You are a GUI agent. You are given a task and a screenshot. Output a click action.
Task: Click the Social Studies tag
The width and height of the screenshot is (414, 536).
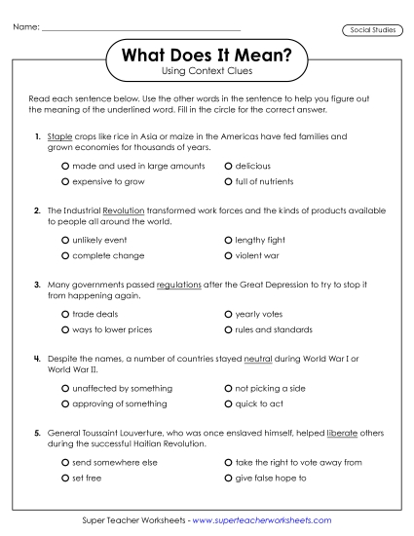tap(372, 31)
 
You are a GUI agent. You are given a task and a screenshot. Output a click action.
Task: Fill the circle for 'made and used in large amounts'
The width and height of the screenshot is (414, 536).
tap(65, 167)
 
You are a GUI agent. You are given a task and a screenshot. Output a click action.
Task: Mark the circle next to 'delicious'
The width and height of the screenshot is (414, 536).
tap(228, 167)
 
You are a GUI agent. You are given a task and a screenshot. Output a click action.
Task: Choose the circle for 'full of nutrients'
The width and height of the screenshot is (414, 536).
tap(228, 181)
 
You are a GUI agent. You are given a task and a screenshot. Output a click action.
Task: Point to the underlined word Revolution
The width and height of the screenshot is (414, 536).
tap(123, 211)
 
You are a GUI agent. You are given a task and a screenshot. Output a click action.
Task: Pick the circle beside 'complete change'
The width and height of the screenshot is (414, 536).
tap(65, 255)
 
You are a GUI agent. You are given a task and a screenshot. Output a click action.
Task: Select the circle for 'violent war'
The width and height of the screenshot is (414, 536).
tap(228, 255)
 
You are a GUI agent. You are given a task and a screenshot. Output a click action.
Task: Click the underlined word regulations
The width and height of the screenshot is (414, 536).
tap(178, 285)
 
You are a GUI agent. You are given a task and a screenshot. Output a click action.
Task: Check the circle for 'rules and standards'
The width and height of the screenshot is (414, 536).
tap(228, 329)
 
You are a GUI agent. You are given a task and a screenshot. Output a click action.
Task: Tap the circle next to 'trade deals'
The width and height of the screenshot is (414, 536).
tap(65, 315)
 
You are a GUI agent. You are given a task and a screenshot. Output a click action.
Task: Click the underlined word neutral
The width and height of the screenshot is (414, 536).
tap(257, 359)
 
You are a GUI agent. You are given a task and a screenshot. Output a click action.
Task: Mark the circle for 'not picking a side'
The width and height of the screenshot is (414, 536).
tap(228, 389)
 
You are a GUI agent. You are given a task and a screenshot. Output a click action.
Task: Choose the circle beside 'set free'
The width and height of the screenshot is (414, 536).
tap(65, 479)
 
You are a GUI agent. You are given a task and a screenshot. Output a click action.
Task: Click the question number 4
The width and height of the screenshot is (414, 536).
tap(36, 359)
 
